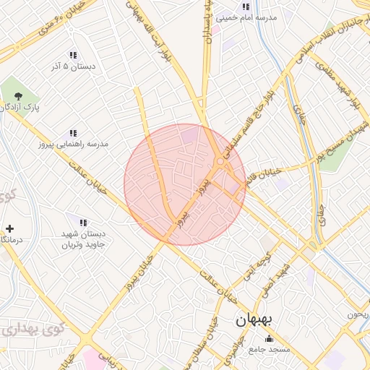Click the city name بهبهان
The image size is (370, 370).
coord(252,319)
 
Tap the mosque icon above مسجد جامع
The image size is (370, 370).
coord(270,338)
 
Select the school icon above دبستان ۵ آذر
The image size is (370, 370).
coord(73,55)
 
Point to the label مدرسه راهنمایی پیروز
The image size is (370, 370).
coord(73,145)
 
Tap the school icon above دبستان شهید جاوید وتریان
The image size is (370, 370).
coord(83,223)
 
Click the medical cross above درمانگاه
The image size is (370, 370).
coord(9,228)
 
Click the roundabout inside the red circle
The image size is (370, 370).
coord(219,162)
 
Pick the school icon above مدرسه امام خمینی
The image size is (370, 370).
coord(246,7)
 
